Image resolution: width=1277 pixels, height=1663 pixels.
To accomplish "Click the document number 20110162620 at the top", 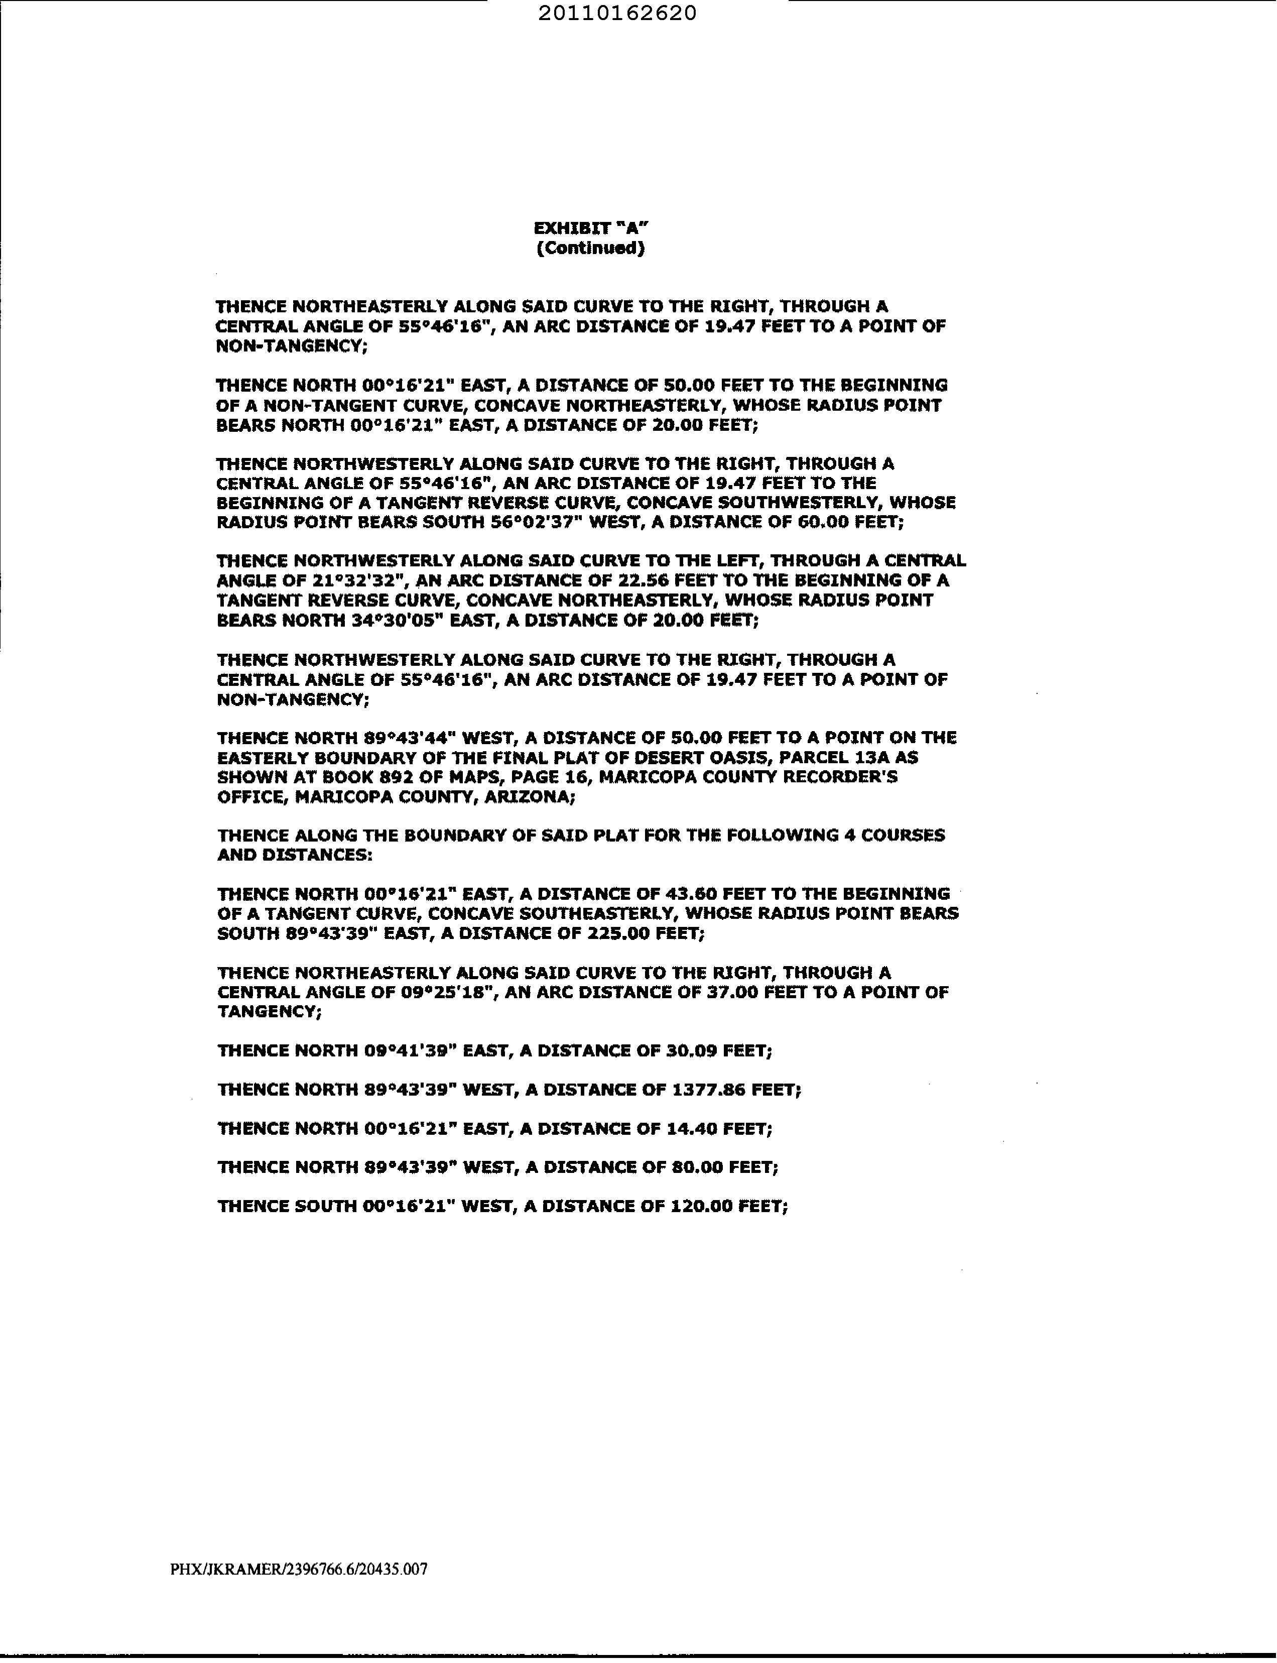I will click(616, 14).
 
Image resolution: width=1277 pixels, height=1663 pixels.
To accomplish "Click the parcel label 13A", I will click(871, 758).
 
